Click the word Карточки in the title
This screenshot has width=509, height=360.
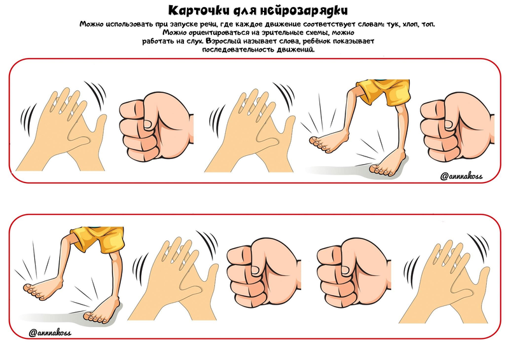[199, 10]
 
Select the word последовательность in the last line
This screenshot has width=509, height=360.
[238, 50]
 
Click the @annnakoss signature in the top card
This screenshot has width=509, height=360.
[461, 176]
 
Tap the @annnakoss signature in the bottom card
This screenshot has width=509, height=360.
[50, 333]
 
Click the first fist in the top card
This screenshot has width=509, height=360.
[157, 127]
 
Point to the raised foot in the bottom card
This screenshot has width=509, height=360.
[44, 289]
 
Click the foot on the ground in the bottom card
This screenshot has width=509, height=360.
[101, 312]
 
